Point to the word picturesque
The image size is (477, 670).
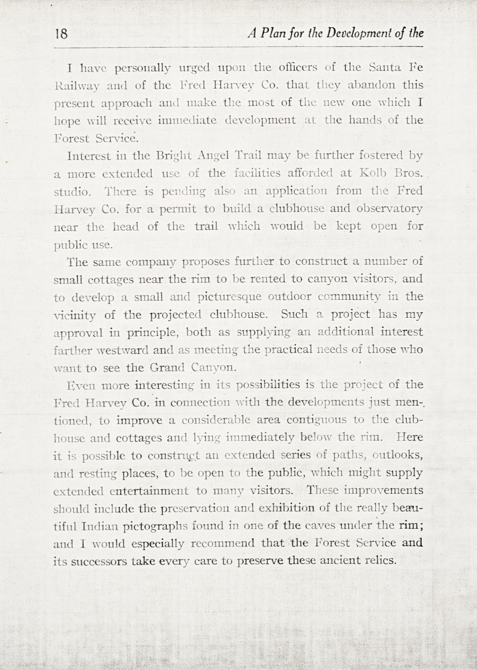[x=229, y=297]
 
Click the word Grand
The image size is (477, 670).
[x=167, y=368]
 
